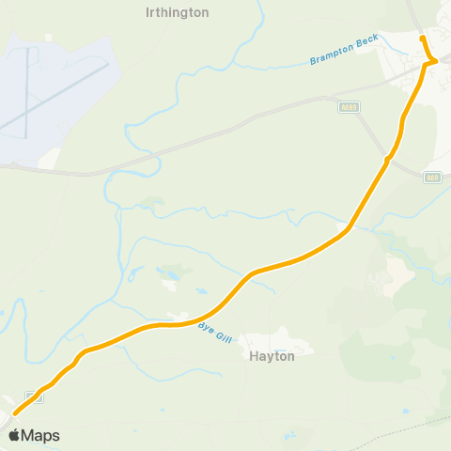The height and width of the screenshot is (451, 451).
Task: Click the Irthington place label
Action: coord(178,13)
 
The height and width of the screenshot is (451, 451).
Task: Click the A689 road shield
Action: coord(349,107)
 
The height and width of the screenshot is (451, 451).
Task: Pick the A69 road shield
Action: coord(432,177)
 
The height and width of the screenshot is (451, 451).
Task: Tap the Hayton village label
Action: coord(272,356)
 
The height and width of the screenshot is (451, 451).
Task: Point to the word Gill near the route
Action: coord(221,331)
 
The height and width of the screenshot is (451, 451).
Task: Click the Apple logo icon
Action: coord(14,435)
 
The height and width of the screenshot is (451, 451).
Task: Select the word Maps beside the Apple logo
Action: coord(40,435)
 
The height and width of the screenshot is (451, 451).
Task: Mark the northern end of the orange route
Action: coord(423,39)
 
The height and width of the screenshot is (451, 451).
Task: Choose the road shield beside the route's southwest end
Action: coord(35,396)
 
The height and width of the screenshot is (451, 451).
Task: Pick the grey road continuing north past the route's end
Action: coord(413,14)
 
